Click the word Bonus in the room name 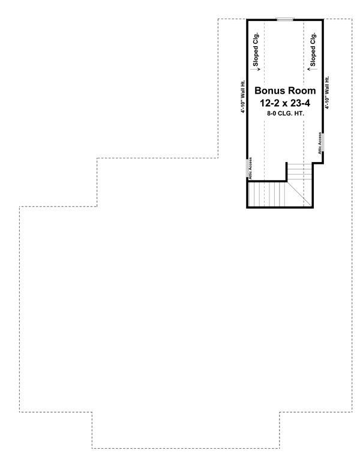point(269,91)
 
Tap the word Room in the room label point(301,91)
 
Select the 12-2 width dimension point(269,103)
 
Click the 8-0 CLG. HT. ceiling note point(285,113)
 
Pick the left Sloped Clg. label point(256,49)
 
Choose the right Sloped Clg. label point(313,49)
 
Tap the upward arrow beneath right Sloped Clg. point(308,69)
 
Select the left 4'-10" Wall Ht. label point(242,96)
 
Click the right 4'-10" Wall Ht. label point(327,92)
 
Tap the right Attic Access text point(320,143)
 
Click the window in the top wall point(285,20)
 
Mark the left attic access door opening point(247,168)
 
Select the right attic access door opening point(323,142)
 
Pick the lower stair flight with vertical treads point(267,194)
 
